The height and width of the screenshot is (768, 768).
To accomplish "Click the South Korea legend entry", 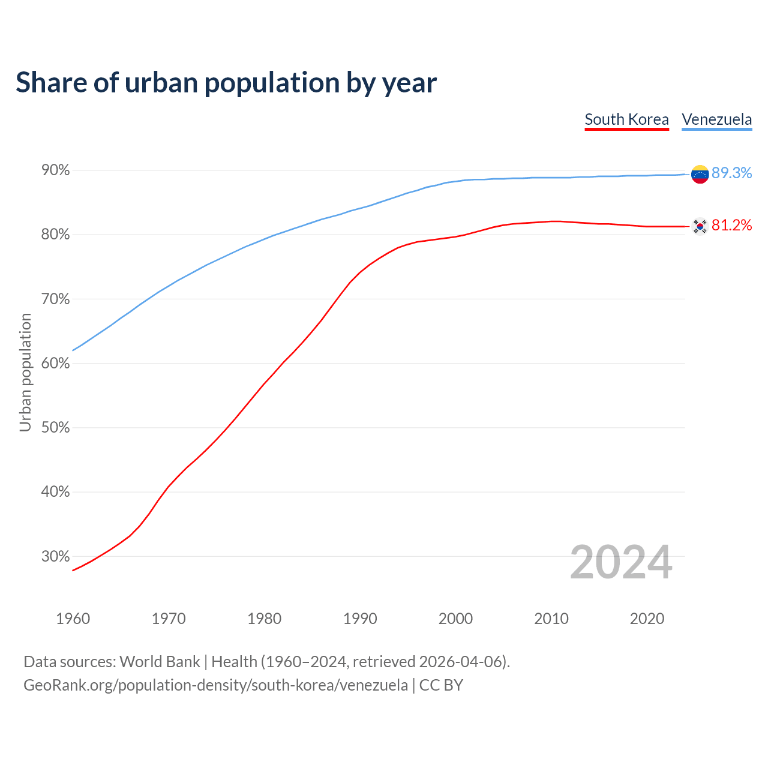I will pos(626,119).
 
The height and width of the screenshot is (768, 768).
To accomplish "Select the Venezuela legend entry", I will pos(716,119).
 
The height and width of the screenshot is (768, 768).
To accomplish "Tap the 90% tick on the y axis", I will pos(56,170).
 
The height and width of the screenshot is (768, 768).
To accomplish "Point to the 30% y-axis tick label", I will pos(56,556).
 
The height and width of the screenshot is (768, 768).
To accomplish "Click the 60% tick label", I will pos(56,364).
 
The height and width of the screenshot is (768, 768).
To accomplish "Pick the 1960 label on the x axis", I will pos(73,619).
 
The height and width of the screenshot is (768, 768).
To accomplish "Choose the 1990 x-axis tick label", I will pos(360,619).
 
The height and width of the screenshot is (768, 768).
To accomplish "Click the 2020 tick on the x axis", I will pos(647,619).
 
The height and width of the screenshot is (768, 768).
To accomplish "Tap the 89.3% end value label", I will pos(731,173).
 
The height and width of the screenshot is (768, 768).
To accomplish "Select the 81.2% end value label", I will pos(731,225).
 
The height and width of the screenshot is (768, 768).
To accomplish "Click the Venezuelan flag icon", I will pos(700,174).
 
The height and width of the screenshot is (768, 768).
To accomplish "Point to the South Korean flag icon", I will pos(700,226).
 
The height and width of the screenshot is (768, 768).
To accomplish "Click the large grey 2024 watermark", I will pos(621,562).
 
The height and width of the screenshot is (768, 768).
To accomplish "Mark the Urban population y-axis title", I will pos(25,372).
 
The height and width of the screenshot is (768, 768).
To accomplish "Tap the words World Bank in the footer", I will pos(160,662).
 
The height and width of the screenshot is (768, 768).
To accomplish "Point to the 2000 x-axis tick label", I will pos(455,619).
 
